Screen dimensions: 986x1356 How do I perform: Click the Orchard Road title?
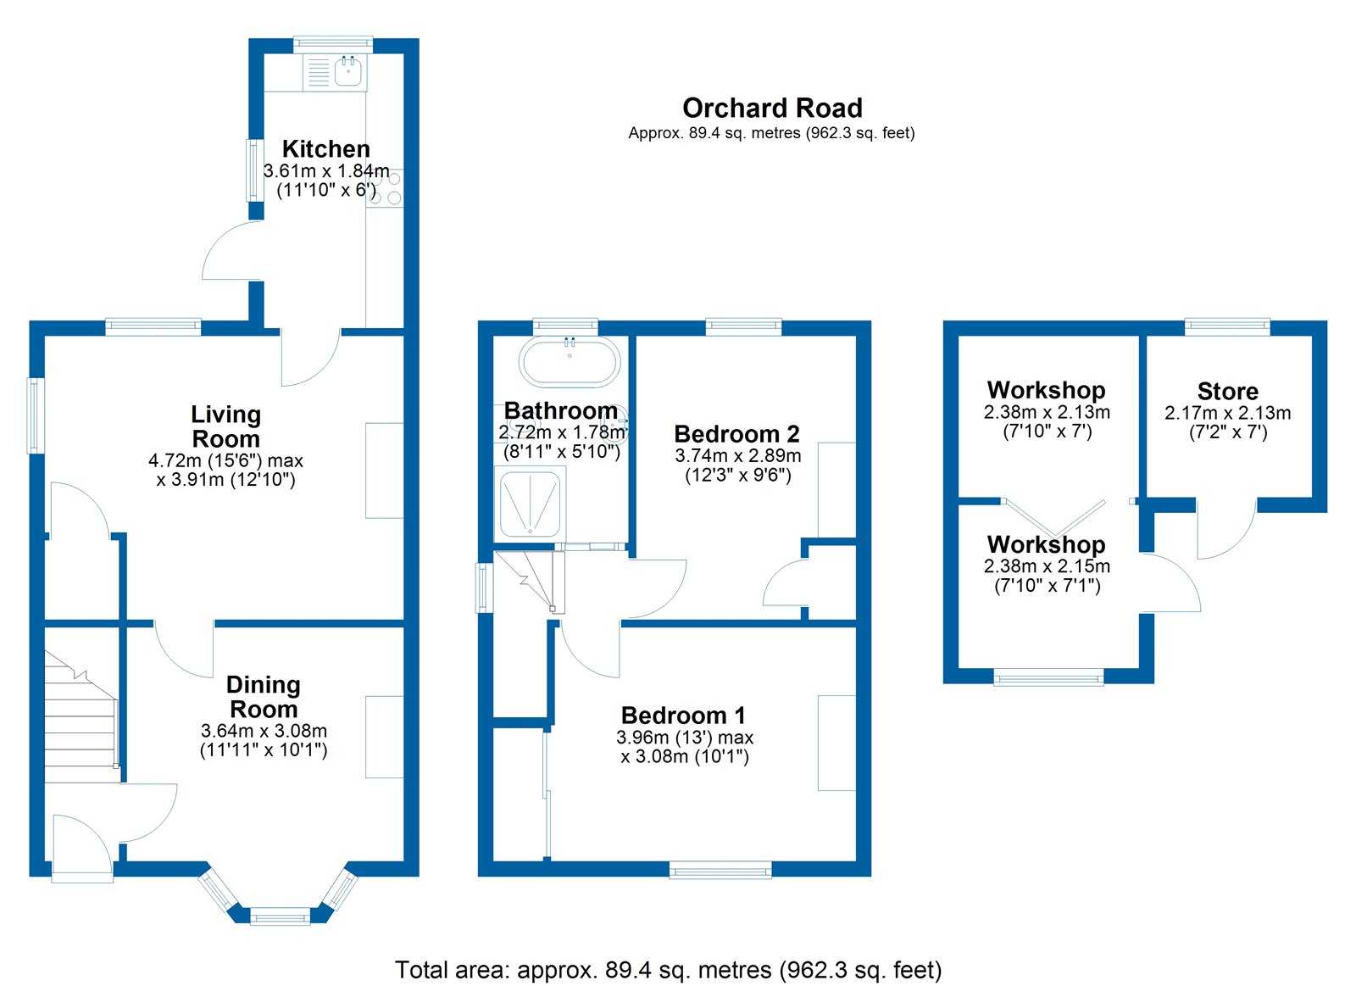tap(772, 109)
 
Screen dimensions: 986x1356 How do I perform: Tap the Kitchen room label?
tap(325, 149)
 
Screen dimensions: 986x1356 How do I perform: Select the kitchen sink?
tap(348, 71)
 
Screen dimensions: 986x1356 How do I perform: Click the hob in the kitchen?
tap(386, 189)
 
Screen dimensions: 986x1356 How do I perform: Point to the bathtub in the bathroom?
tap(570, 363)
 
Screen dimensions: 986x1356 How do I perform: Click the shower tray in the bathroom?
tap(530, 504)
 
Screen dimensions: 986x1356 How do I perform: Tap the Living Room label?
tap(225, 426)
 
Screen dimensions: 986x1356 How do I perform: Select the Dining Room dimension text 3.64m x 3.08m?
tap(264, 731)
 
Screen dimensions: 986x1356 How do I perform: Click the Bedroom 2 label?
tap(736, 434)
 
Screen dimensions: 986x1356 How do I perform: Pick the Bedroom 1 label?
tap(683, 716)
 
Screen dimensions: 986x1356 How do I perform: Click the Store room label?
tap(1227, 392)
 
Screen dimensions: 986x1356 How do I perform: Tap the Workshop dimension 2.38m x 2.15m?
tap(1047, 566)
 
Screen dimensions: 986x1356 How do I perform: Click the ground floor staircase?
tap(80, 721)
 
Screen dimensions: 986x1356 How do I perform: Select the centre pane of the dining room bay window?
tap(281, 916)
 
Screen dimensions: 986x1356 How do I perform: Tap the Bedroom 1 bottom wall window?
tap(720, 869)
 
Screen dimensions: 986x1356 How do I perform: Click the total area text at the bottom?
tap(668, 970)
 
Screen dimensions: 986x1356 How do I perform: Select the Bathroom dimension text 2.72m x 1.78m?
tap(562, 432)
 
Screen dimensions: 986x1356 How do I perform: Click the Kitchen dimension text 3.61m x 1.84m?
tap(326, 171)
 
